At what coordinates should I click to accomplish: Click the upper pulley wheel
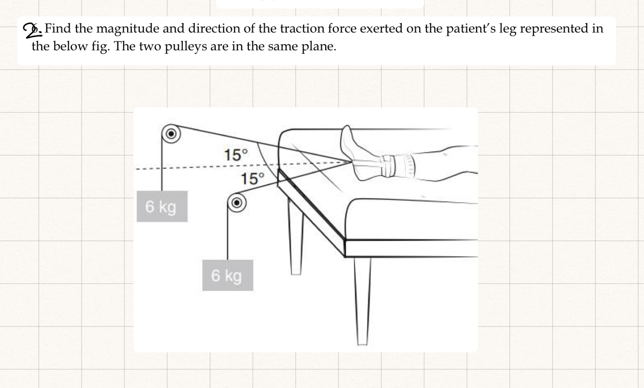[171, 133]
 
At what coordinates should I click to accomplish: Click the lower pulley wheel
[237, 203]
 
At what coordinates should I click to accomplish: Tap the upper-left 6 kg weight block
[162, 206]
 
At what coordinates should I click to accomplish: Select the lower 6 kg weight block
[227, 275]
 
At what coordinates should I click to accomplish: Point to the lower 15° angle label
[252, 179]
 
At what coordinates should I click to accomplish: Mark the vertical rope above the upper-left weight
[162, 165]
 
